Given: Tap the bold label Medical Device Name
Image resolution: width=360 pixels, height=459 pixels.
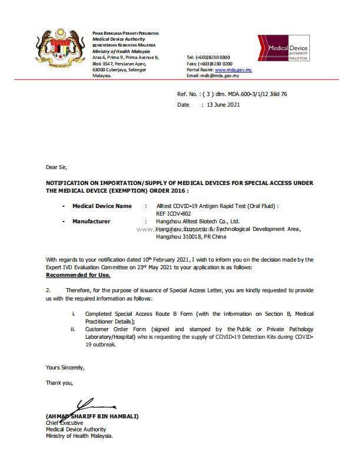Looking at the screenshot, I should [102, 206].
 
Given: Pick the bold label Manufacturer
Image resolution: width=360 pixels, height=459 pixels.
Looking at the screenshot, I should [91, 222].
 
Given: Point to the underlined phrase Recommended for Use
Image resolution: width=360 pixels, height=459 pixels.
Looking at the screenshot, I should [76, 275].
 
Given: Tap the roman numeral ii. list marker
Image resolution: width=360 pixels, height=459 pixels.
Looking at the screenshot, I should [72, 329].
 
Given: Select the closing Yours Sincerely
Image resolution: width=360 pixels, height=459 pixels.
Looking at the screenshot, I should [65, 367].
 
